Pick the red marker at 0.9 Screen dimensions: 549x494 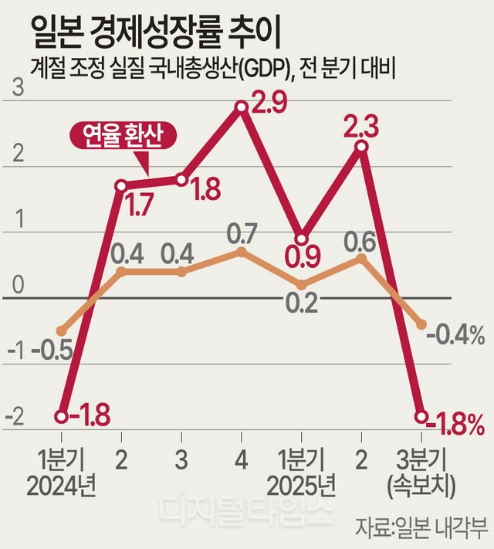tap(302, 239)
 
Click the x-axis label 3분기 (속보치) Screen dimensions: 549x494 tap(421, 473)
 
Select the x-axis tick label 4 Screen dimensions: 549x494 tap(242, 460)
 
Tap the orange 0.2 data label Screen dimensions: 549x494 tap(302, 303)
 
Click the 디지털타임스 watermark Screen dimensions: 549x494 tap(246, 510)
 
